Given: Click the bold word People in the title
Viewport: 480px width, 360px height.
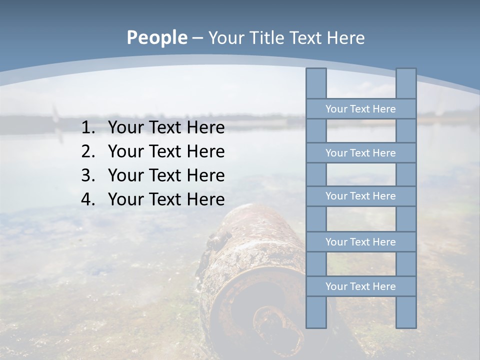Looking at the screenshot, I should click(156, 38).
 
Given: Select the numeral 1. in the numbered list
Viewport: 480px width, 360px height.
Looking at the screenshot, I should click(88, 128).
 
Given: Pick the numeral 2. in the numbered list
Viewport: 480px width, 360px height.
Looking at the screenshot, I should click(88, 151).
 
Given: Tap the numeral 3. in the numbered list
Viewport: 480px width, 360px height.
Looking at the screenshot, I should click(88, 175).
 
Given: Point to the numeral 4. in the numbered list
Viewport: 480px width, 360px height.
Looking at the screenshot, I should click(88, 199).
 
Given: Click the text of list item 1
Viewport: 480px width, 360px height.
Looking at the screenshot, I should click(166, 128).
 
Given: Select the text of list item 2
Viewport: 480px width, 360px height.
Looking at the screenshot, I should click(166, 151).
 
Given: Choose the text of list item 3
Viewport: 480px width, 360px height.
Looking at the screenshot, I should click(166, 175).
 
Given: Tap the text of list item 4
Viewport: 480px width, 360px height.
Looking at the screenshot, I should click(166, 199).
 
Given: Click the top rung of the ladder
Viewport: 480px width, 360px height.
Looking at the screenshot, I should click(360, 109).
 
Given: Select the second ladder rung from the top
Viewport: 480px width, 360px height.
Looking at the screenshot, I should click(360, 153).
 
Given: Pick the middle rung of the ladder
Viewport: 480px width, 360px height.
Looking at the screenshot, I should click(360, 196).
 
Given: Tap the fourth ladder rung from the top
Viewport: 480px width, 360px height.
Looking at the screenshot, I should click(360, 242).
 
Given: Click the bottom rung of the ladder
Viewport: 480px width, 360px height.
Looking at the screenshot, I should click(360, 286).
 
